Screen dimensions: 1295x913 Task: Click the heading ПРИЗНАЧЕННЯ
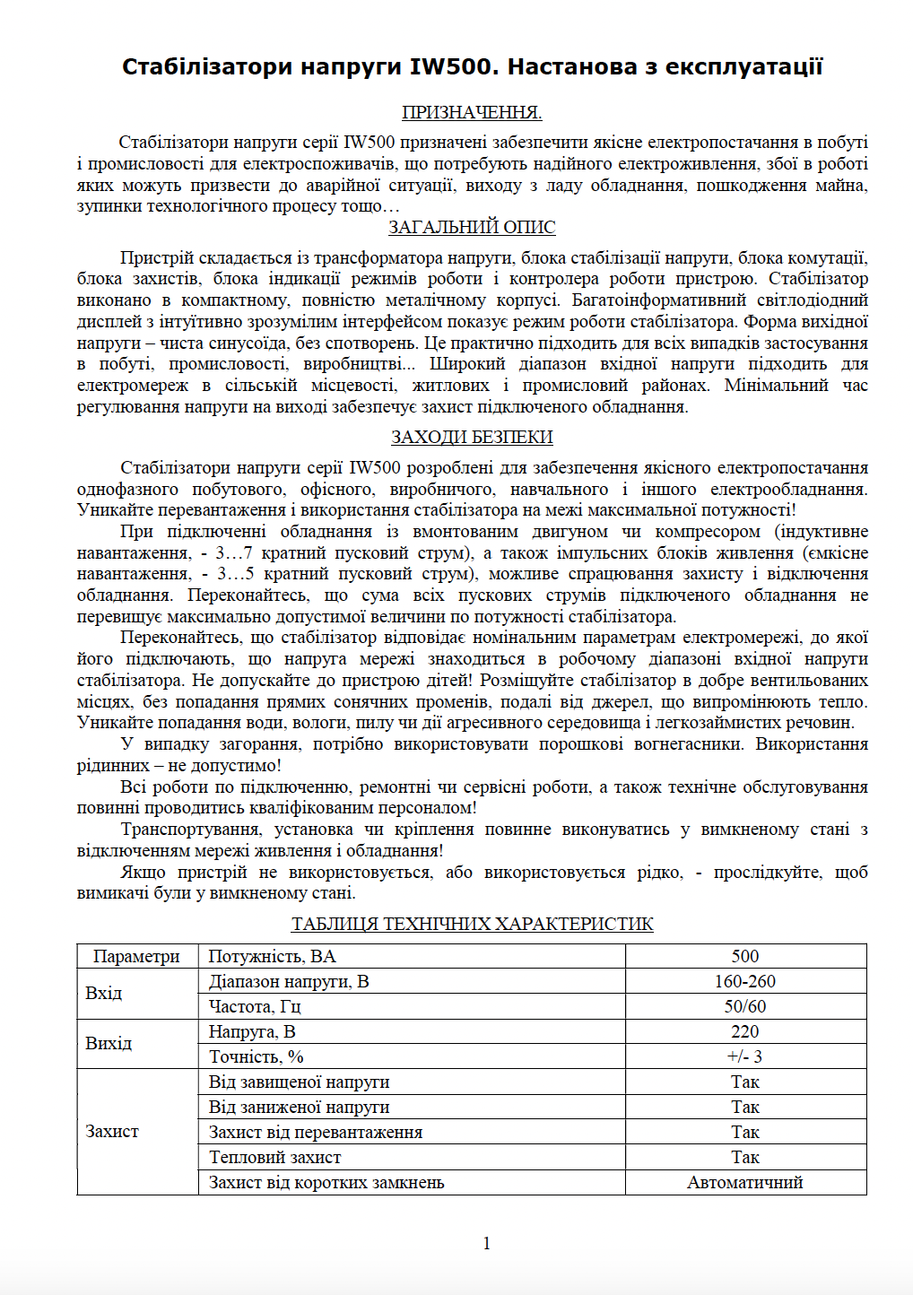coord(472,112)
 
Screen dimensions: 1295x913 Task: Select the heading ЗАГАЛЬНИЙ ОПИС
coord(472,228)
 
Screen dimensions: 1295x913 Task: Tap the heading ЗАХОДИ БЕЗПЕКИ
coord(472,438)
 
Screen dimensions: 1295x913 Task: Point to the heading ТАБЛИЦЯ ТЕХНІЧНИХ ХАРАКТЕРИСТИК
coord(472,925)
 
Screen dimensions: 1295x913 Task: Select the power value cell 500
coord(745,957)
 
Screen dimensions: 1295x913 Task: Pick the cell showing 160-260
coord(745,982)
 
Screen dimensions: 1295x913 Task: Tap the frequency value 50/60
coord(745,1007)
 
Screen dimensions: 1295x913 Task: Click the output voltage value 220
coord(745,1032)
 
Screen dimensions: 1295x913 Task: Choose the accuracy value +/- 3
coord(745,1057)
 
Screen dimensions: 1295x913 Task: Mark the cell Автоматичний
coord(745,1183)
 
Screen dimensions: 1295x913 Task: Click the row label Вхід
coord(104,994)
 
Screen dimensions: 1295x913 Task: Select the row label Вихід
coord(109,1044)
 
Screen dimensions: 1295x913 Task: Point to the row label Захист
coord(112,1132)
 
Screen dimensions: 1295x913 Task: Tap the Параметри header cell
coord(136,957)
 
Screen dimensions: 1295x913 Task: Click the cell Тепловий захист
coord(275,1158)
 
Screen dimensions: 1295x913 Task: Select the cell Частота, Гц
coord(255,1007)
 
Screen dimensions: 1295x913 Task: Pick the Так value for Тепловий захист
coord(745,1158)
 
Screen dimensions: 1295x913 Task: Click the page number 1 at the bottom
coord(487,1244)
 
